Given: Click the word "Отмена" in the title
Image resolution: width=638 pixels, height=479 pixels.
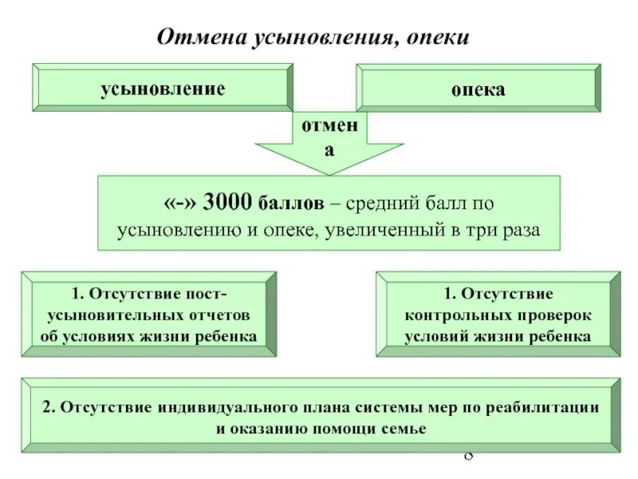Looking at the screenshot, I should [x=192, y=38].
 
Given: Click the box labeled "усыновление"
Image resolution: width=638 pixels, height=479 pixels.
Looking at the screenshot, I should [x=162, y=88].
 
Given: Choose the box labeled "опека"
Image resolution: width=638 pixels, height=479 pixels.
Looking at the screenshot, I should [x=478, y=89].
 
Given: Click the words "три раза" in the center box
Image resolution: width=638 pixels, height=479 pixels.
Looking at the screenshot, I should [x=510, y=231].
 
